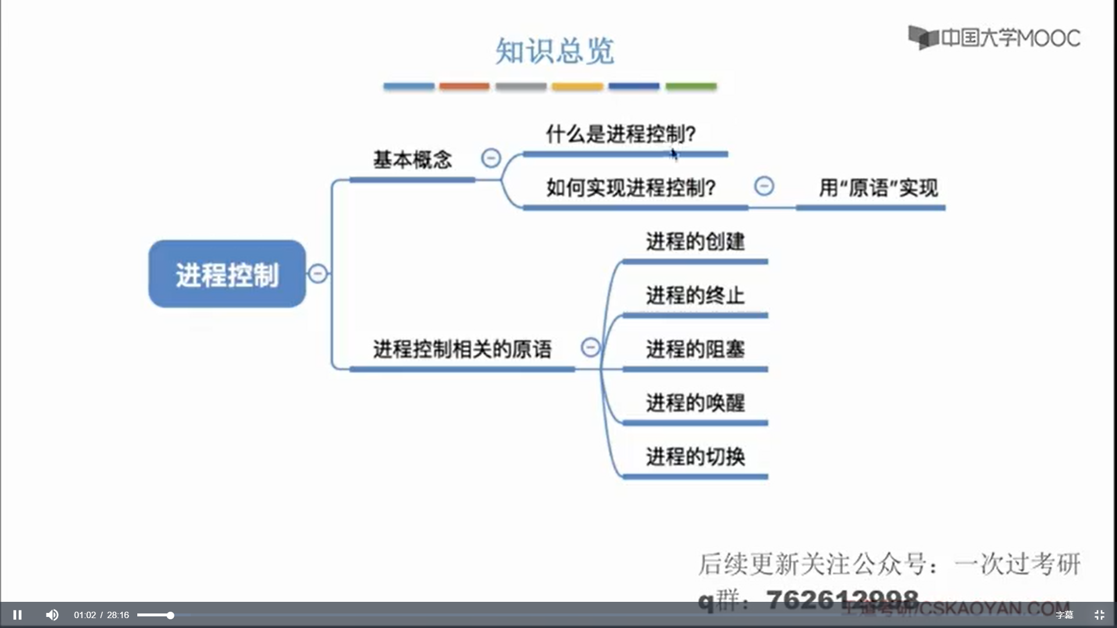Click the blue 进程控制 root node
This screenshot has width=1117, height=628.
point(227,274)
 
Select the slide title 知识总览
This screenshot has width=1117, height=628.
point(554,51)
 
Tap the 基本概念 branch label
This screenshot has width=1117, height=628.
point(412,159)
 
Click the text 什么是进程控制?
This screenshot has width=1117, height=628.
point(620,134)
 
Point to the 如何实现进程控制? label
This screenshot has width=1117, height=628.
point(631,187)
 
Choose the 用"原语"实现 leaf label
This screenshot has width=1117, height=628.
point(878,187)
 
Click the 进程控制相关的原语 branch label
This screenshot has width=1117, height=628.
point(462,349)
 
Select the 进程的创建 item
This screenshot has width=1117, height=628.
point(695,241)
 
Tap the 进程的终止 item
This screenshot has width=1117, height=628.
point(695,295)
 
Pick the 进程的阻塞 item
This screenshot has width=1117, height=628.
point(695,349)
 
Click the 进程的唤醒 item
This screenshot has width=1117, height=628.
point(695,402)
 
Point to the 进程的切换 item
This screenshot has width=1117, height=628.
point(695,456)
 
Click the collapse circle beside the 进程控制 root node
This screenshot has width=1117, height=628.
point(318,273)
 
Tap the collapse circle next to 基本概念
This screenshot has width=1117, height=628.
point(491,158)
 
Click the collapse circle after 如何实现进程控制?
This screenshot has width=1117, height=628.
point(764,186)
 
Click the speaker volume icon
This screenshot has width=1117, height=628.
point(52,615)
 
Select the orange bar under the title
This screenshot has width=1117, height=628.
point(464,86)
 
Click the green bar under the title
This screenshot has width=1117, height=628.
point(691,86)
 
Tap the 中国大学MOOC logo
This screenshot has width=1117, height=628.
point(994,38)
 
